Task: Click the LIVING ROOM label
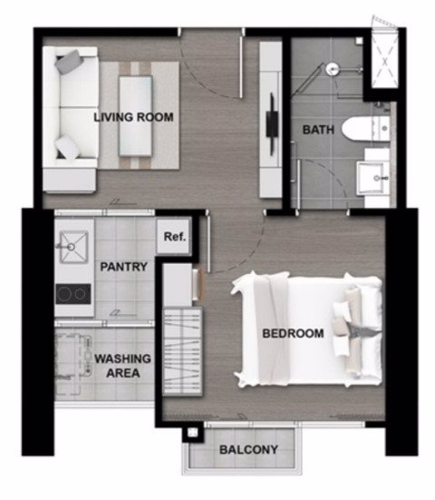coord(133,117)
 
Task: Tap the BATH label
coord(318,130)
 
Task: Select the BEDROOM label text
coord(293,334)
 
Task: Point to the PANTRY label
coord(123,267)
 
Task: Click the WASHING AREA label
coord(122,366)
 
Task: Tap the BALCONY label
coord(248,449)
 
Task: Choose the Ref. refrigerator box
coord(174,237)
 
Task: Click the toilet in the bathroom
coord(365,128)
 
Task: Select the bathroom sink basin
coord(372,178)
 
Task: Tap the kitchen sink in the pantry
coord(74,247)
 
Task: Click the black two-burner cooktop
coord(73,294)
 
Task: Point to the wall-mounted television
coord(272,124)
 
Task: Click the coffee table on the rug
coord(135,115)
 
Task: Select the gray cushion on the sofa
coord(69,62)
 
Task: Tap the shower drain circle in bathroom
coord(333,69)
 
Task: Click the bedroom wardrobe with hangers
coord(182,352)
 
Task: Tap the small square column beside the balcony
coord(192,433)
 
